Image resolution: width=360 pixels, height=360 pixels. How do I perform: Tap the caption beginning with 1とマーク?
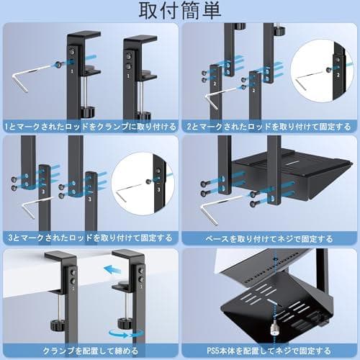coord(89,125)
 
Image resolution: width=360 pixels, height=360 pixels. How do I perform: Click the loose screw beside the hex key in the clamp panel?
coord(56,64)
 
